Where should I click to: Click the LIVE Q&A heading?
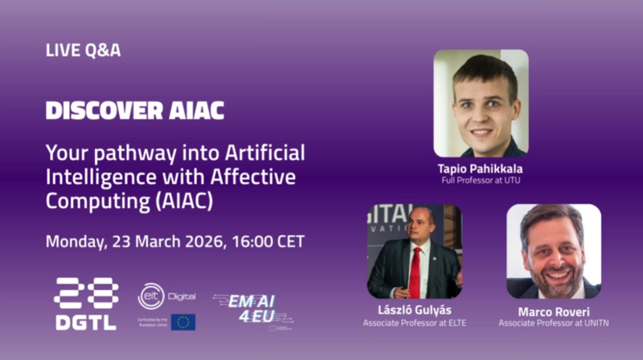click(84, 51)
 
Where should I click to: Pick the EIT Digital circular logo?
click(151, 296)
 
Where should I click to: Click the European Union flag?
click(182, 322)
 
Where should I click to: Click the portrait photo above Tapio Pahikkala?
click(481, 104)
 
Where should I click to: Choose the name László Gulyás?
click(415, 311)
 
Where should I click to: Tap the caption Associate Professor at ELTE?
click(415, 323)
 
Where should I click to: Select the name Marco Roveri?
click(553, 311)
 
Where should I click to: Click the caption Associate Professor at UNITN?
click(553, 323)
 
